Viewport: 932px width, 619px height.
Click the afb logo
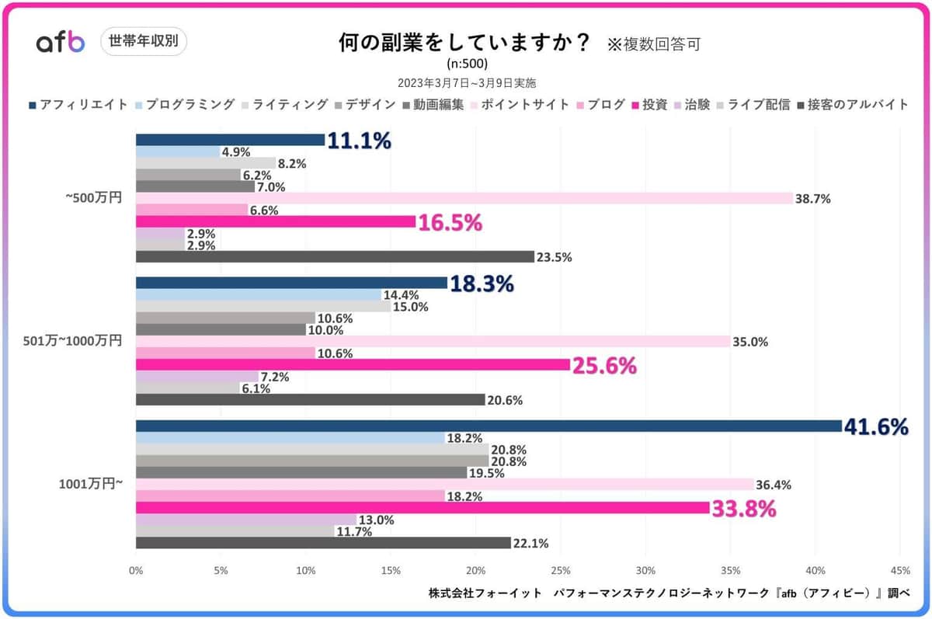tap(61, 43)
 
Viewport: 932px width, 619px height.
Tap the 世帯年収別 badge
tap(144, 42)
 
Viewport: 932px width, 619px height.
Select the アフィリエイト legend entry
tap(78, 104)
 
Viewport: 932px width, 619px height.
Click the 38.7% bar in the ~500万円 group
tap(464, 199)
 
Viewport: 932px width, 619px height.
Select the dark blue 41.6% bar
tap(489, 426)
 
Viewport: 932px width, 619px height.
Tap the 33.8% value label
tap(745, 509)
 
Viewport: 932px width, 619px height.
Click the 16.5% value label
tap(450, 223)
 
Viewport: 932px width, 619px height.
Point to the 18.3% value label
tap(482, 283)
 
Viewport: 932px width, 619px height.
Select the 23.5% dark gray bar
tap(335, 257)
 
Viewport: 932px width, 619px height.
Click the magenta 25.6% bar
tap(353, 364)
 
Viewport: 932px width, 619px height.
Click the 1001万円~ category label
tap(91, 485)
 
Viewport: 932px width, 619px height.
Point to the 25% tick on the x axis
tap(561, 571)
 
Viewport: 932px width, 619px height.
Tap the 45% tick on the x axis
tap(900, 571)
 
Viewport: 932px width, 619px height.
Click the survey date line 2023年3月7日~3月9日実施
tap(467, 82)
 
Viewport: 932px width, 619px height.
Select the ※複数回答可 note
tap(654, 44)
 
